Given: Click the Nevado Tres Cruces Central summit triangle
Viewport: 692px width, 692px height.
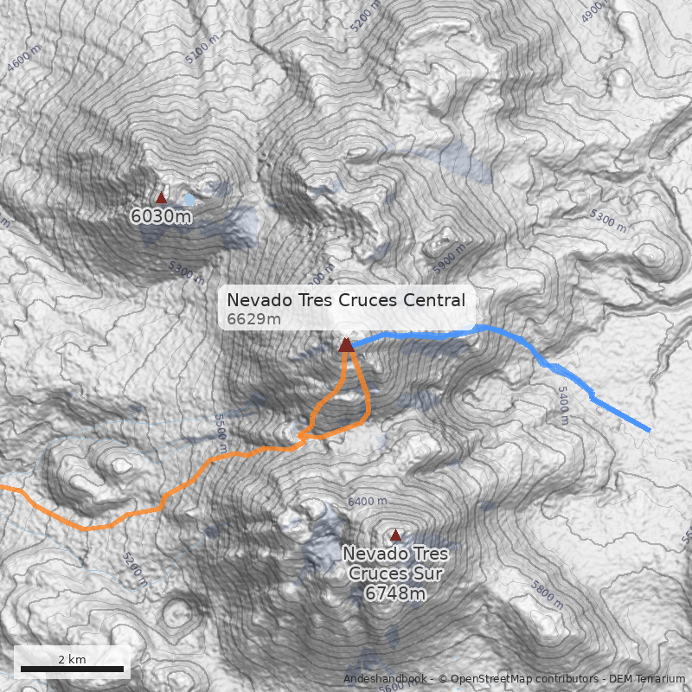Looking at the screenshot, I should click(347, 344).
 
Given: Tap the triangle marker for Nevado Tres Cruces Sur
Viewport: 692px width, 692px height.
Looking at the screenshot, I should click(396, 535).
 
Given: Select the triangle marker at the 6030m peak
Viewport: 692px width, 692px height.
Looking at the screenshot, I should click(161, 197).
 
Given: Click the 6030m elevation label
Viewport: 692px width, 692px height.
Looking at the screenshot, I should click(161, 216).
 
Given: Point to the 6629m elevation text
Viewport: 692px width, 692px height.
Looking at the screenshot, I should click(254, 320).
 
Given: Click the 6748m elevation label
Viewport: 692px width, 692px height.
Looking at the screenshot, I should click(395, 593).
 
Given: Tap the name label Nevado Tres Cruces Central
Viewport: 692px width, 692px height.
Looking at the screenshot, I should click(346, 300).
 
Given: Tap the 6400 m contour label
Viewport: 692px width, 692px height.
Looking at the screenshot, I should click(367, 502).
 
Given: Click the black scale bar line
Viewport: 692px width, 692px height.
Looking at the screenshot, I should click(72, 670).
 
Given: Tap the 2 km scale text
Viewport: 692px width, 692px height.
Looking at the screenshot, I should click(72, 659).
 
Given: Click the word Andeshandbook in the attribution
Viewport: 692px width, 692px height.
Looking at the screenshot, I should click(386, 679).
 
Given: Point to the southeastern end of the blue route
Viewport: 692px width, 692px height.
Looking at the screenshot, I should click(649, 428).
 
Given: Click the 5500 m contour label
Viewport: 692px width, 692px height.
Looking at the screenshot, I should click(221, 432).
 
